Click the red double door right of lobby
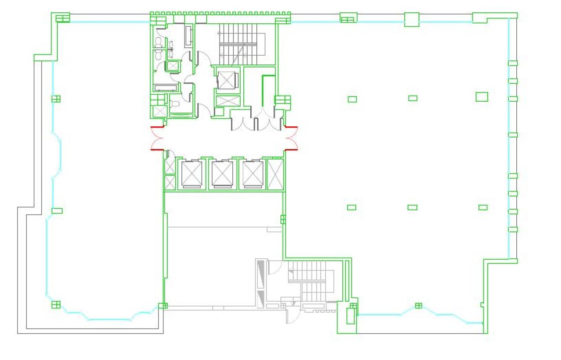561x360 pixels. coord(292,138)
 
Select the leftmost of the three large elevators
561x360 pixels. coord(192,174)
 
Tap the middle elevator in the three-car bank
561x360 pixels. coord(223,174)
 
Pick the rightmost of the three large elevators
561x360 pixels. coord(253,174)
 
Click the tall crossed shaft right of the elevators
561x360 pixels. coord(275,174)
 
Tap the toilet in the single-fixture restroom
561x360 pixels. coord(174,104)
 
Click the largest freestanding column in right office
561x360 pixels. coord(482,96)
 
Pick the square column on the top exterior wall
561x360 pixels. coord(411,19)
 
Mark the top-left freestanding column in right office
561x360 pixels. coord(352,99)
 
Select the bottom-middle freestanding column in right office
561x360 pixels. coord(412,207)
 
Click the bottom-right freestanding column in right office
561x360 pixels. coord(483,207)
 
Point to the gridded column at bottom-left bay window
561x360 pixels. coord(56,304)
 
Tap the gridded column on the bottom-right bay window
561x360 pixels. coord(419,305)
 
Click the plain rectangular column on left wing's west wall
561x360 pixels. coord(57,211)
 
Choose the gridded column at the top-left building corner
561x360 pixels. coord(63,18)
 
